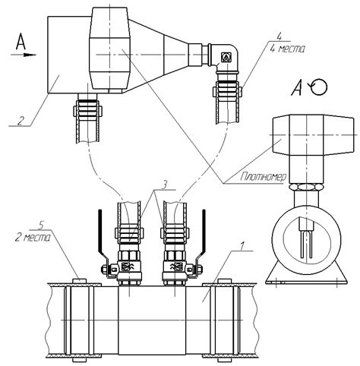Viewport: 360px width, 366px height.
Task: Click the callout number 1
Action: [242, 245]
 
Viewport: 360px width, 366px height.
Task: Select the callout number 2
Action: [21, 121]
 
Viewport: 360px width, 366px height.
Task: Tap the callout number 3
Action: [164, 185]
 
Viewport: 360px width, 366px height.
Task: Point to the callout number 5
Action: [39, 226]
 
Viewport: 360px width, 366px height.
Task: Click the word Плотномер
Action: [263, 177]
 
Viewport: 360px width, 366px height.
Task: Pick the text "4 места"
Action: [287, 49]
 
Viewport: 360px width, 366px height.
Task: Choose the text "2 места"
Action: [33, 238]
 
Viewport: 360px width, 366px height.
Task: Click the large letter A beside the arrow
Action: [21, 42]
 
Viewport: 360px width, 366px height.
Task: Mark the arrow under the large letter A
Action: [24, 55]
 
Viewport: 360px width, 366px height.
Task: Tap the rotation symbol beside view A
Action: [319, 87]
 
